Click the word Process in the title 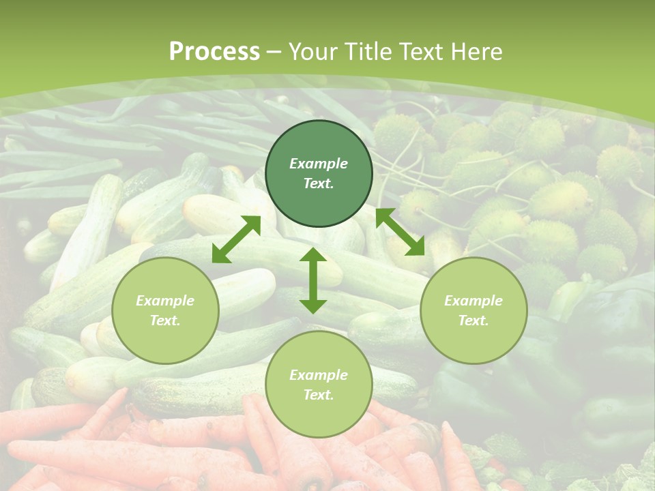tap(214, 52)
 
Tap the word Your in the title tap(312, 52)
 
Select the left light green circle tap(165, 310)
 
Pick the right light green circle tap(474, 310)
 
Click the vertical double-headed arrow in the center tap(313, 280)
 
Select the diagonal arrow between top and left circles tap(236, 239)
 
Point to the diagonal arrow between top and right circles tap(400, 232)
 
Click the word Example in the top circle tap(319, 164)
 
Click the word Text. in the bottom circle tap(319, 395)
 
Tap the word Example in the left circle tap(165, 301)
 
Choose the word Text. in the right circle tap(474, 321)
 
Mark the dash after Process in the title tap(274, 52)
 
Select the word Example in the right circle tap(474, 301)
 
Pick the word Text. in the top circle tap(319, 183)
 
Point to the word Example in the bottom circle tap(319, 375)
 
